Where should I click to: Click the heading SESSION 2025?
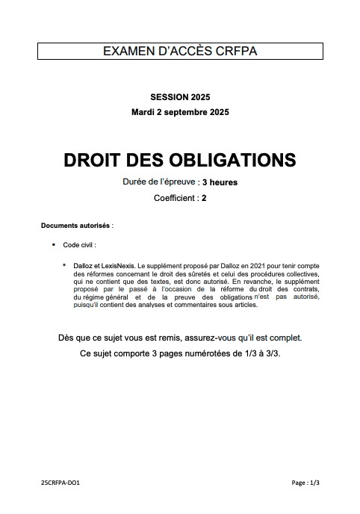(180, 97)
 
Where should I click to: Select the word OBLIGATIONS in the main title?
(222, 160)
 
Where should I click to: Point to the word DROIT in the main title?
(93, 160)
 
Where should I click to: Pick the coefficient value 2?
(203, 198)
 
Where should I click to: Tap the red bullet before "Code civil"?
(54, 244)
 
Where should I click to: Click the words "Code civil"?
(79, 244)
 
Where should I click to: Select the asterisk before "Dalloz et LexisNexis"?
(64, 265)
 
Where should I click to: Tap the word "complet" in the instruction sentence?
(285, 338)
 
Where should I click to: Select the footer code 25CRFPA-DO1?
(60, 483)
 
